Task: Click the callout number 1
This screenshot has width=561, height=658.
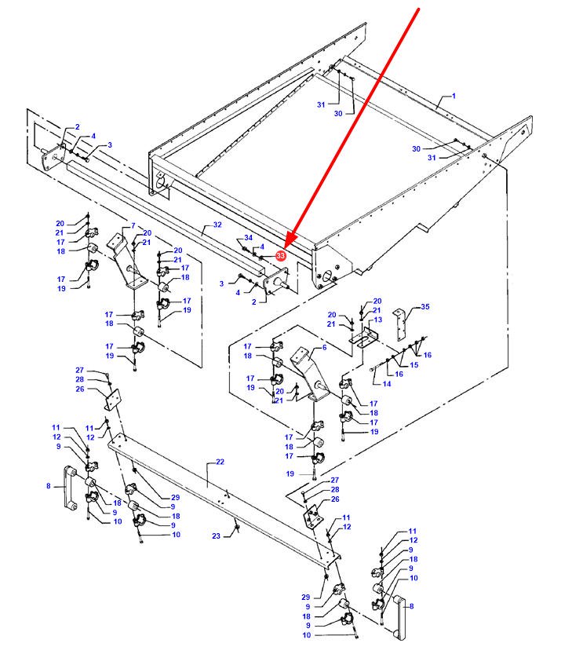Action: pos(453,97)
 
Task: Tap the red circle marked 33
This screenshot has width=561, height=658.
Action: pos(281,255)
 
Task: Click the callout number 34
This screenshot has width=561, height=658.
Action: pos(249,237)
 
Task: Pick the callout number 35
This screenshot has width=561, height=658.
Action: pos(426,307)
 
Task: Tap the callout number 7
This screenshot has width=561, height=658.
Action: pos(133,225)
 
